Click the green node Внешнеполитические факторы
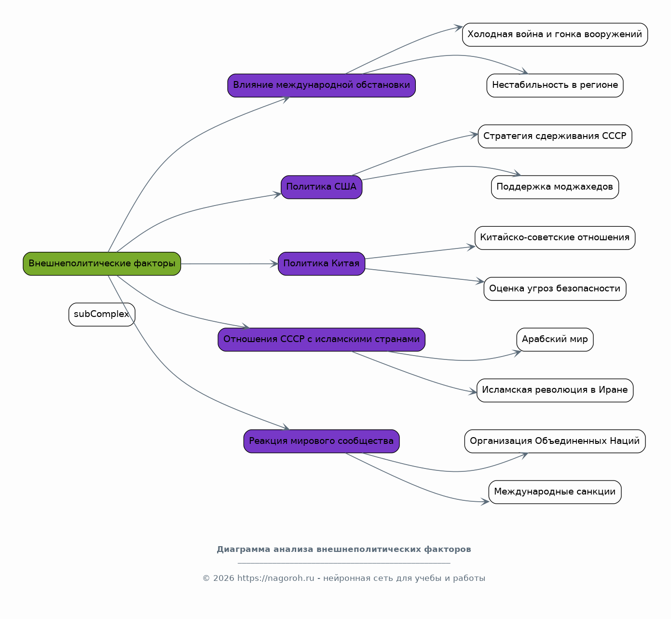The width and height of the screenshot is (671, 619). [x=102, y=264]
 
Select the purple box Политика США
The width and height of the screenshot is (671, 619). [x=321, y=187]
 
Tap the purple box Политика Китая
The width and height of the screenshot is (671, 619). [x=321, y=264]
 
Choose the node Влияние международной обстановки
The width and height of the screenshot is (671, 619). [x=321, y=85]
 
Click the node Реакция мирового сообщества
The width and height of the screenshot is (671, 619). [x=321, y=441]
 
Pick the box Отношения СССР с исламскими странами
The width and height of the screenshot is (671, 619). [x=321, y=340]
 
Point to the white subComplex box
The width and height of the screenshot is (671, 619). [x=102, y=315]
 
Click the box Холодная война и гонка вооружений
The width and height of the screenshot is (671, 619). [x=555, y=34]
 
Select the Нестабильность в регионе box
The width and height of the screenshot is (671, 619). [x=555, y=85]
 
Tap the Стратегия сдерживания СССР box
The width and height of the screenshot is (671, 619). [x=555, y=136]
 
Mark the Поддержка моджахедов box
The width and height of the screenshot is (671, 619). [x=555, y=187]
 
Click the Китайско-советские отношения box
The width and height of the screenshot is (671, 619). [x=555, y=238]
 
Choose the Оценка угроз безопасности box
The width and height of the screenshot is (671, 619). [x=555, y=289]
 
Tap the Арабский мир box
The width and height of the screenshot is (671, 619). [x=555, y=340]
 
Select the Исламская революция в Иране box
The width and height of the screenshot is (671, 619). [x=555, y=390]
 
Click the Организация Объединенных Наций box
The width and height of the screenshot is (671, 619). [x=555, y=441]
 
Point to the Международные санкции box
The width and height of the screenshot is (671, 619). [x=555, y=492]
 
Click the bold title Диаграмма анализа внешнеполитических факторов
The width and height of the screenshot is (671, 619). [x=344, y=550]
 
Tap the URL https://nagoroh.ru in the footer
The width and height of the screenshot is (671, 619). [x=276, y=578]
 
